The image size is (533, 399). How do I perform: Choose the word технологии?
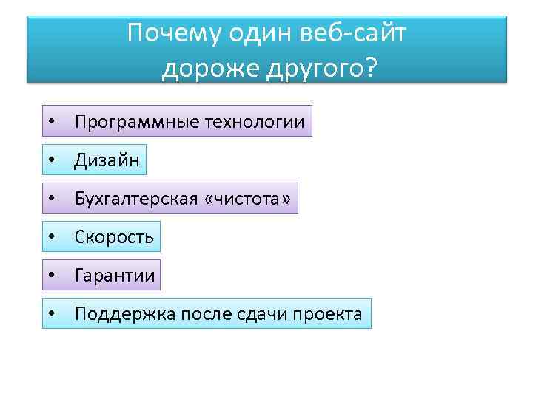[x=254, y=121]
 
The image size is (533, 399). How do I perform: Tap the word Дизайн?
[x=107, y=160]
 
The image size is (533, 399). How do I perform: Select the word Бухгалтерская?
[x=136, y=199]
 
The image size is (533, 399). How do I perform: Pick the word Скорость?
[x=114, y=237]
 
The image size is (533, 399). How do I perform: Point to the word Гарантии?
[x=115, y=276]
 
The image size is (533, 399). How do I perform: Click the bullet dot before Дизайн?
[x=52, y=160]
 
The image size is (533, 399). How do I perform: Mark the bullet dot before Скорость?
[x=52, y=237]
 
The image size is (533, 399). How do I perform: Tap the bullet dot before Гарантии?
[x=52, y=276]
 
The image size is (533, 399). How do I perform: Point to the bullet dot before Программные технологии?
[x=52, y=121]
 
